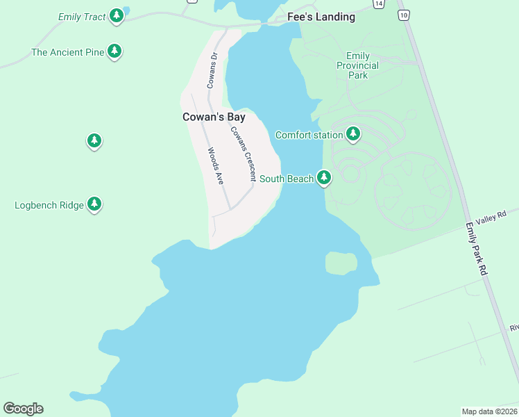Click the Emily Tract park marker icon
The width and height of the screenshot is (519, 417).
coord(116,16)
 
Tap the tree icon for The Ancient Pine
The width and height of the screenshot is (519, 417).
coord(115,51)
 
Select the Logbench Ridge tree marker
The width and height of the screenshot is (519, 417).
coord(94,204)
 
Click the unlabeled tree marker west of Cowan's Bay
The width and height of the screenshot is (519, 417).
coord(94,141)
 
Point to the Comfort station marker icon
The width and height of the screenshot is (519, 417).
coord(353,134)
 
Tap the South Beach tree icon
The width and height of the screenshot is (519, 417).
coord(323,179)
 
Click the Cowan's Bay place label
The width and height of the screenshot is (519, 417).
coord(214,117)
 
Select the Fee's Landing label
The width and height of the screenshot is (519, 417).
coord(321,17)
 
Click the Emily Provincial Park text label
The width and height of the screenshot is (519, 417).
coord(358,65)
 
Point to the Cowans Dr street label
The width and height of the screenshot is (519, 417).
coord(212,69)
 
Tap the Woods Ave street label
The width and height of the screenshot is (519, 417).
coord(215,165)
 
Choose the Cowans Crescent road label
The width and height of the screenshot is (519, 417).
coord(244,154)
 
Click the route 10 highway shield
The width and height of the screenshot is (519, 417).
coord(403,15)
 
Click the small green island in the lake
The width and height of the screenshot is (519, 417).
coord(341,263)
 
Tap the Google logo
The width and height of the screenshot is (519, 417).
coord(23,409)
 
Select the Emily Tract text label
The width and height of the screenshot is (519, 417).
coord(81,16)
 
